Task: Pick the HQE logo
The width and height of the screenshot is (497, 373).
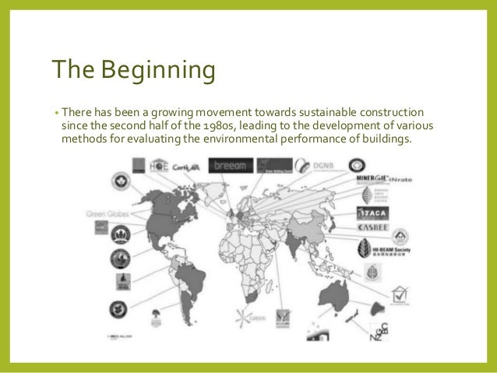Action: click(159, 165)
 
